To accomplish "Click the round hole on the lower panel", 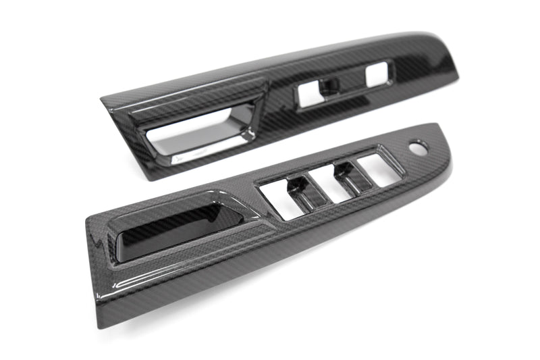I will (x=418, y=148).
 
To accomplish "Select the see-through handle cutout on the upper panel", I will (x=196, y=135).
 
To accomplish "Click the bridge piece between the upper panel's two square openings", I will (x=331, y=84).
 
